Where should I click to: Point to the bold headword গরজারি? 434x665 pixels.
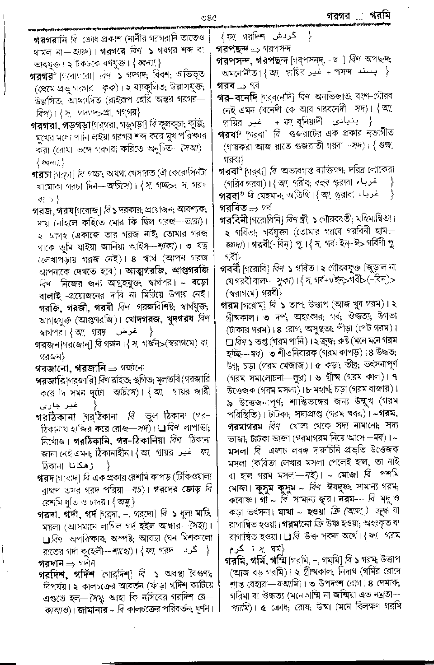click(x=50, y=381)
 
